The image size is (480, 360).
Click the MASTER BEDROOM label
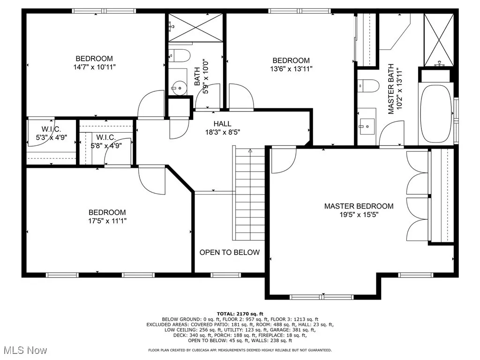point(359,206)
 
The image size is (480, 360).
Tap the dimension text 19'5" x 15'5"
point(359,215)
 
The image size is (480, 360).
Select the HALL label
point(222,124)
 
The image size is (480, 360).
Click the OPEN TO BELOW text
point(229,253)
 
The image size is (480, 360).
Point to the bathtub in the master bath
point(435,114)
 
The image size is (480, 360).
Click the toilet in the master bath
point(368,87)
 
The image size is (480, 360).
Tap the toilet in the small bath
point(179,55)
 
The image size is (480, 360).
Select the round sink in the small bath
point(178,87)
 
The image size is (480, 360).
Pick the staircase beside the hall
point(249,192)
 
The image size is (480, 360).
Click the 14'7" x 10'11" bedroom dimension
point(94,67)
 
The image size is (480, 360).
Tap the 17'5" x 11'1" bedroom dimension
point(107,221)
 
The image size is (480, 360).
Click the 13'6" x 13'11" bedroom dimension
point(291,69)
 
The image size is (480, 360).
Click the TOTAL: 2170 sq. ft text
point(240,314)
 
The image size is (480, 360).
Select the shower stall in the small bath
point(195,28)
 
